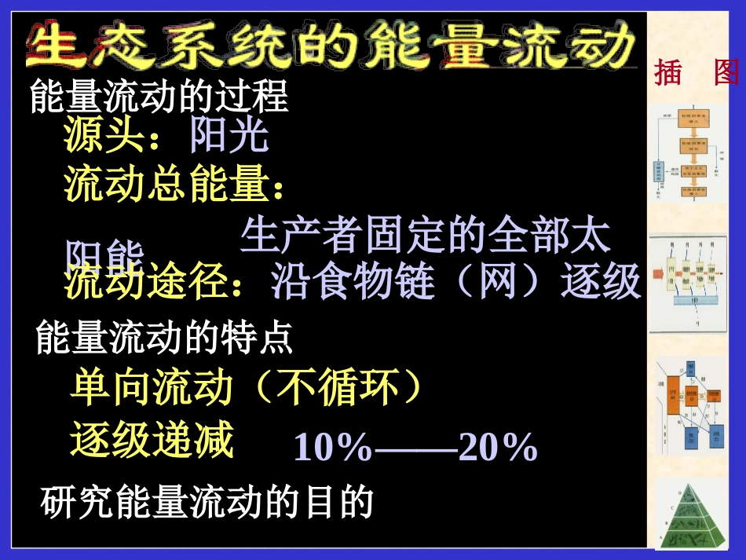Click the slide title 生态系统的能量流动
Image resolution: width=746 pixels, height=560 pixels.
click(x=330, y=45)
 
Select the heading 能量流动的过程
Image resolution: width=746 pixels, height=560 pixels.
click(x=159, y=98)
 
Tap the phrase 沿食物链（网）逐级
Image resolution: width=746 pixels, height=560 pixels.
click(x=455, y=283)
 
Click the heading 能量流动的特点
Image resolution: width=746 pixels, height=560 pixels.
click(x=165, y=338)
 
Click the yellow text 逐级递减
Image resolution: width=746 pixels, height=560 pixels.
click(x=152, y=440)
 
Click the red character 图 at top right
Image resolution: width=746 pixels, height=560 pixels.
click(x=727, y=72)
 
